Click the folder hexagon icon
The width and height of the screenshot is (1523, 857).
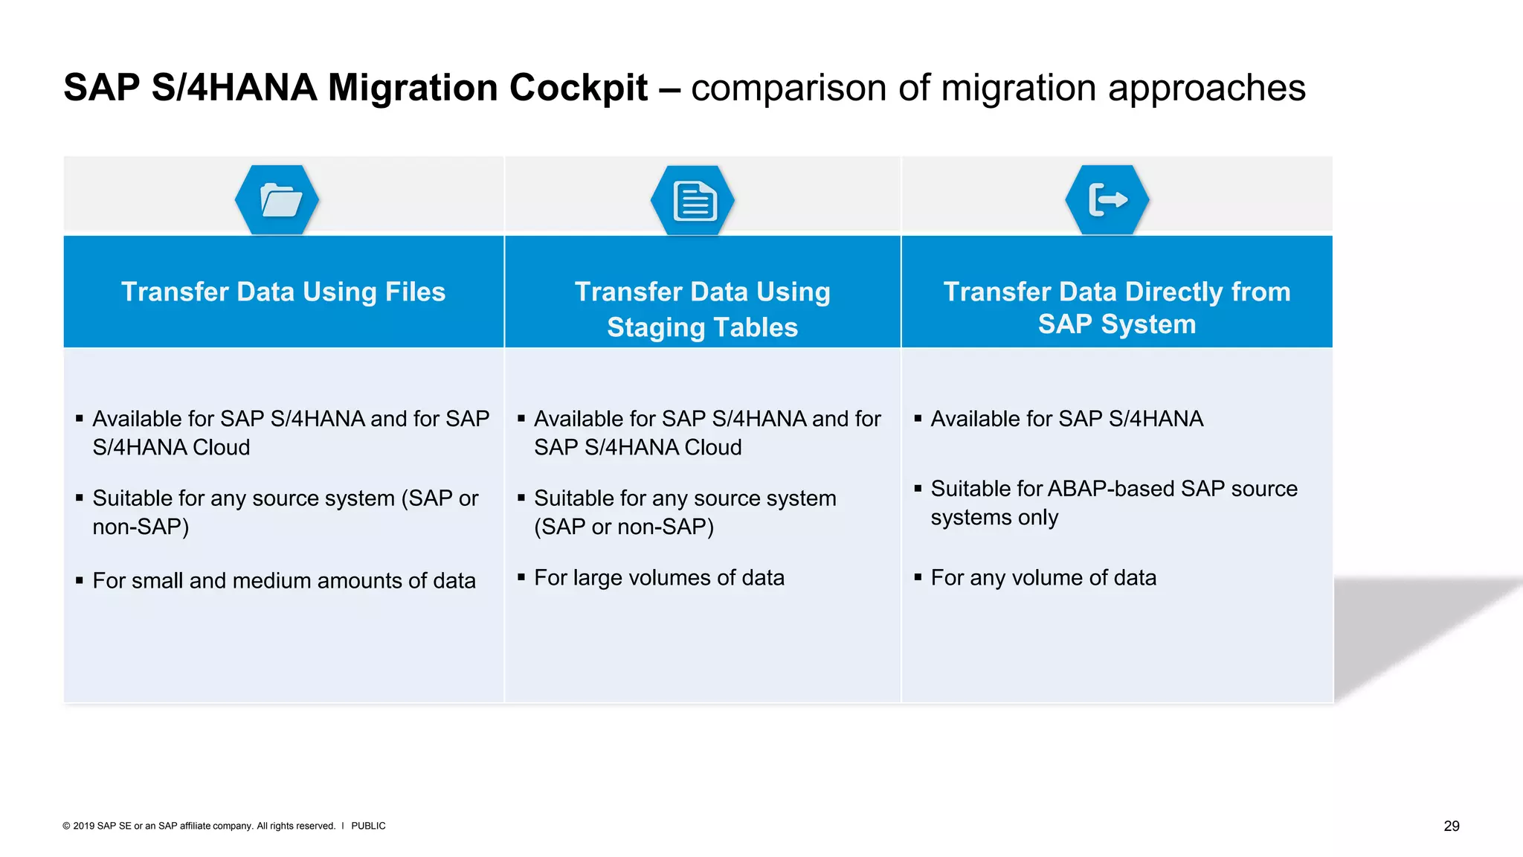(x=277, y=200)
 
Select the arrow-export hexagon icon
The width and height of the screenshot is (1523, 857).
(x=1107, y=200)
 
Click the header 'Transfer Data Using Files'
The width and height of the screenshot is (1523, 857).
(x=283, y=292)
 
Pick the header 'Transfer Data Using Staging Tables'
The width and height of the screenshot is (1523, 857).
(x=702, y=309)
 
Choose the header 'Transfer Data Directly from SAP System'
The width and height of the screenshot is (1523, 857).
(x=1117, y=307)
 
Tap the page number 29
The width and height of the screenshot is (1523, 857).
(x=1452, y=826)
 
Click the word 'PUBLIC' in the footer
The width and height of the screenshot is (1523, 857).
(x=368, y=826)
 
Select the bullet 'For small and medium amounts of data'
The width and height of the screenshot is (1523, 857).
(x=283, y=580)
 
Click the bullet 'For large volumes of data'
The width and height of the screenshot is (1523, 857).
(x=659, y=577)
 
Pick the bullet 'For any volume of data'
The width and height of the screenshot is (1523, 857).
(x=1043, y=577)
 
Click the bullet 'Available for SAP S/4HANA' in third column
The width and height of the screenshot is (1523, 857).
(x=1066, y=419)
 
